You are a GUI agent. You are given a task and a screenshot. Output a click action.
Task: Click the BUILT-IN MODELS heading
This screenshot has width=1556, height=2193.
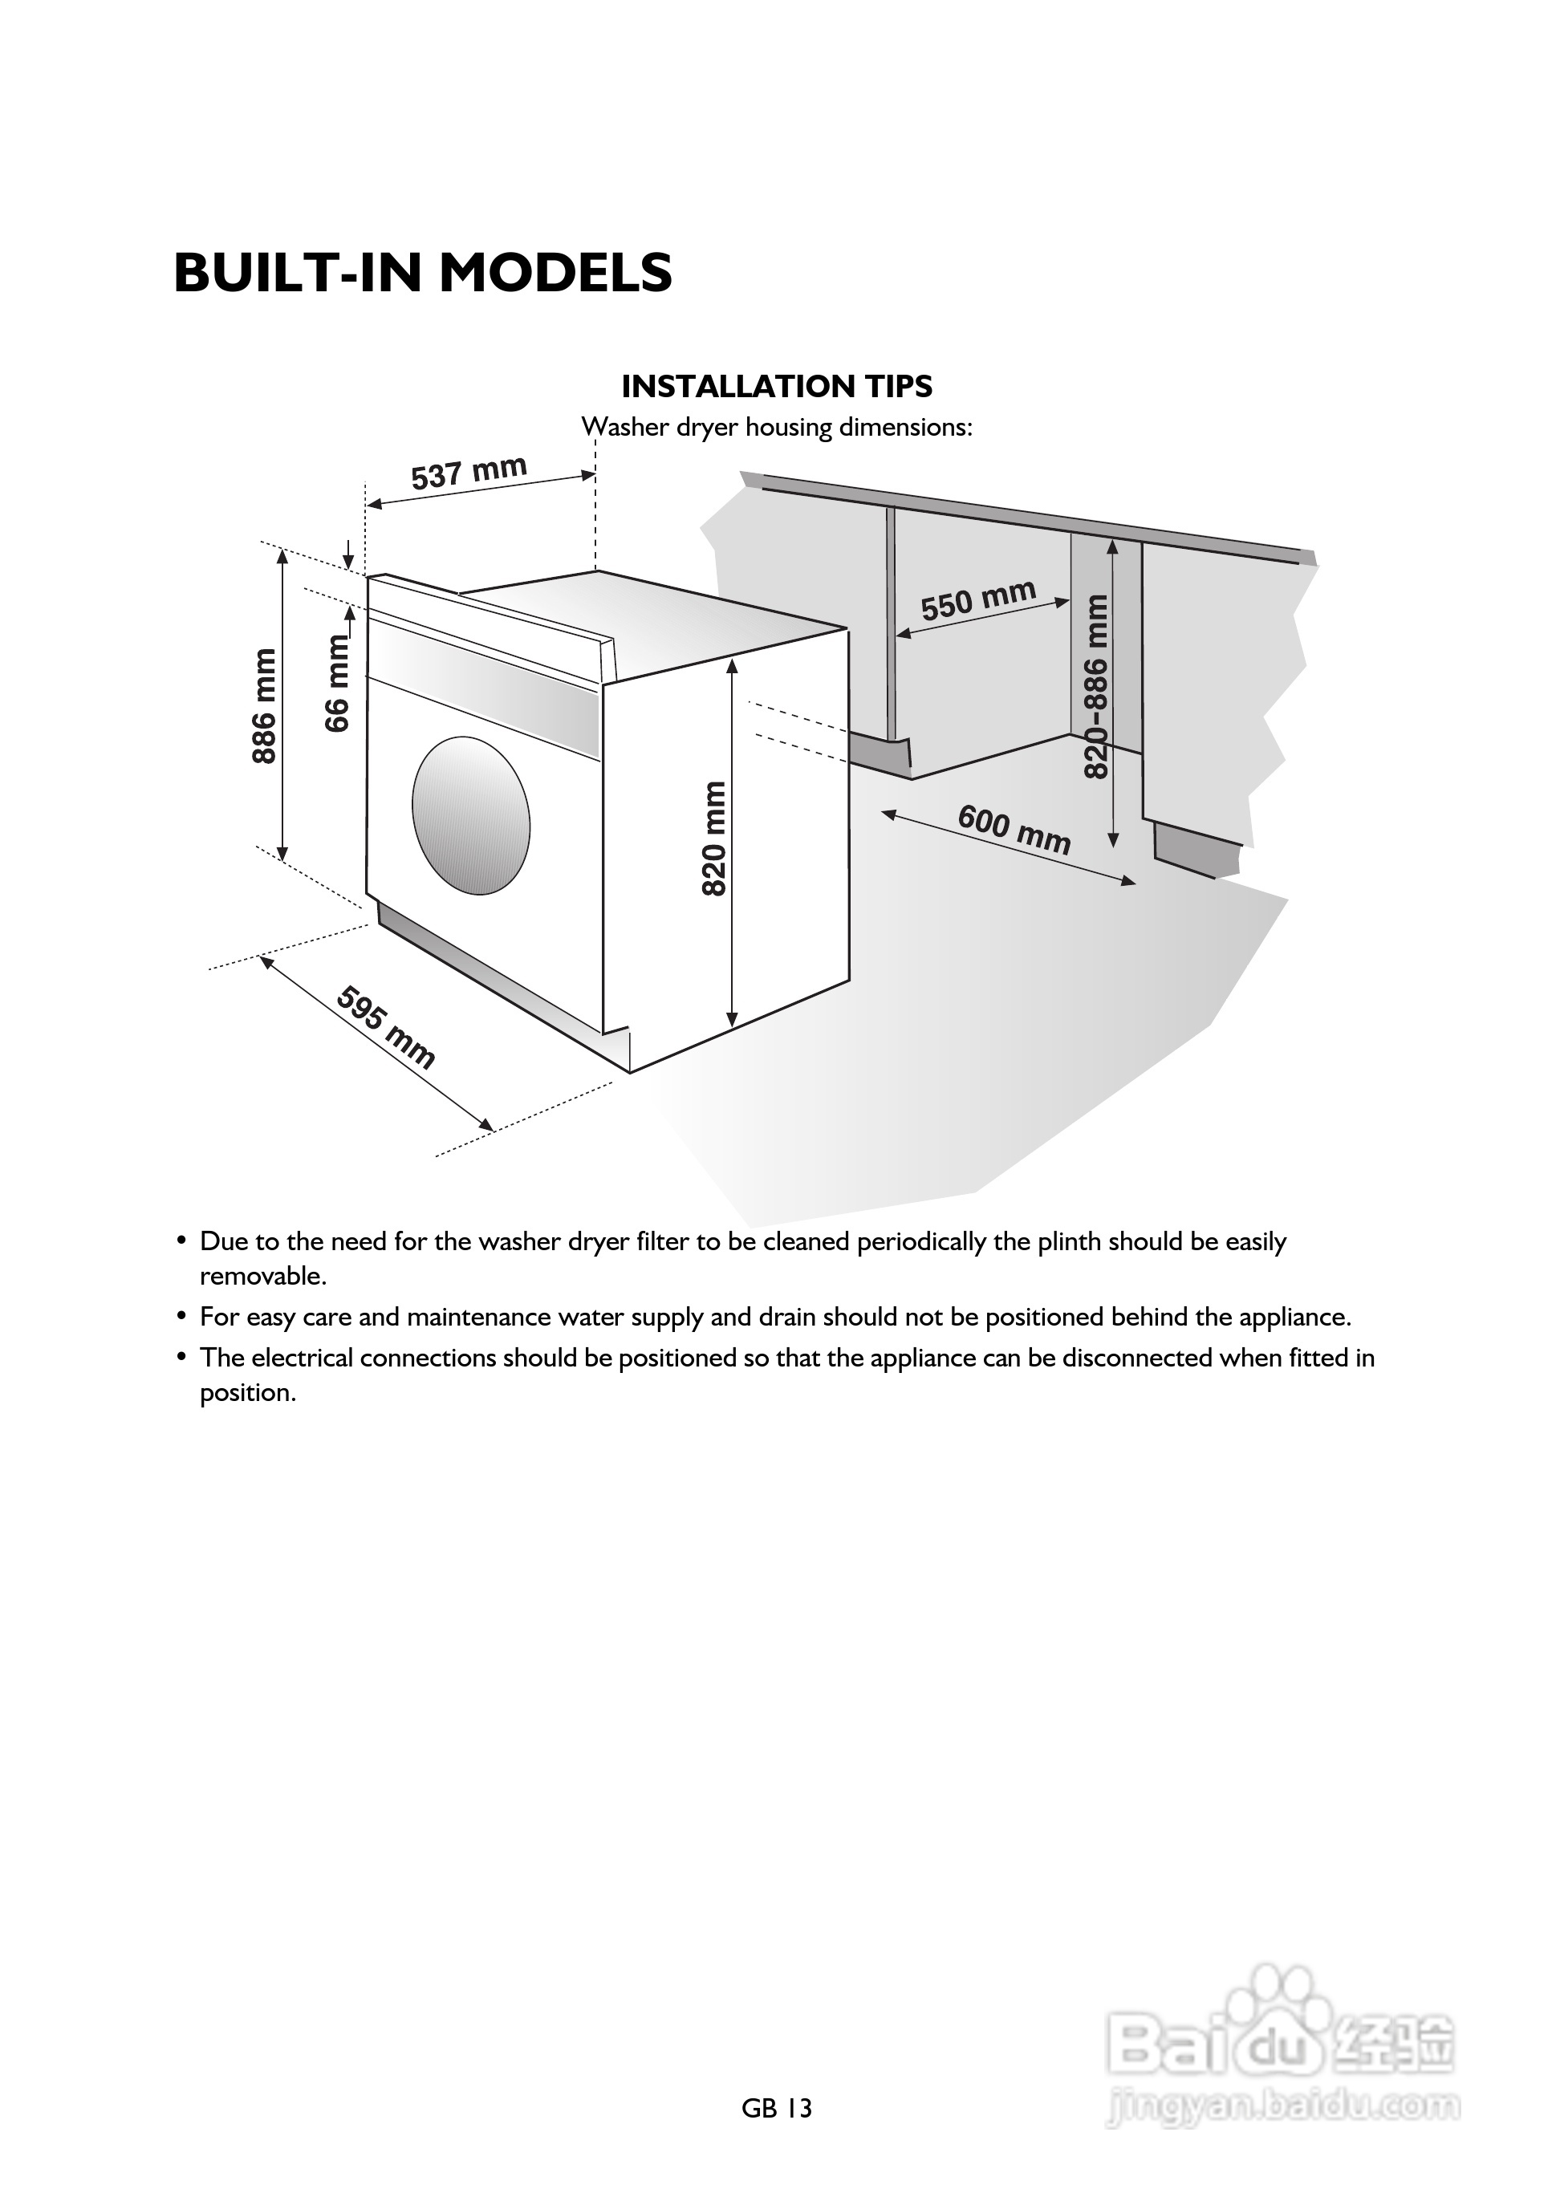click(x=423, y=273)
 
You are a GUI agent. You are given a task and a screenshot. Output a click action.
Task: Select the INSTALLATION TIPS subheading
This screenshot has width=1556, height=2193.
click(x=776, y=386)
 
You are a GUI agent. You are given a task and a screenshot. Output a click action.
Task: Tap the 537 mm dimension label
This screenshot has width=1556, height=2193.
click(x=469, y=473)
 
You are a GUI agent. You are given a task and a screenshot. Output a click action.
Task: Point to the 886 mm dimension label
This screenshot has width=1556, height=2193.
click(x=265, y=706)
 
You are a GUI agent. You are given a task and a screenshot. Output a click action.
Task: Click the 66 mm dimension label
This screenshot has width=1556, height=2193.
click(x=337, y=683)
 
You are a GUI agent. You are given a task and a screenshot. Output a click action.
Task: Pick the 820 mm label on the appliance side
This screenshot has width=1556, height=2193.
click(x=715, y=839)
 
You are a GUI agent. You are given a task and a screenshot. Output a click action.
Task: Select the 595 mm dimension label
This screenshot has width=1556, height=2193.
click(x=386, y=1027)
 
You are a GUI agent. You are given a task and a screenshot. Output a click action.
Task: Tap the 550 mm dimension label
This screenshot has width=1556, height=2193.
click(x=978, y=599)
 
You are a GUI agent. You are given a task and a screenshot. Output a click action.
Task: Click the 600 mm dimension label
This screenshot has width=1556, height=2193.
click(x=1014, y=830)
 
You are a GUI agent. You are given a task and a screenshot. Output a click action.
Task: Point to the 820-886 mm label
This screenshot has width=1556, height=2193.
click(x=1096, y=686)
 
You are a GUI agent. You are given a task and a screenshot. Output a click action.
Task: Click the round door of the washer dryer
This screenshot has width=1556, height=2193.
click(x=470, y=815)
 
